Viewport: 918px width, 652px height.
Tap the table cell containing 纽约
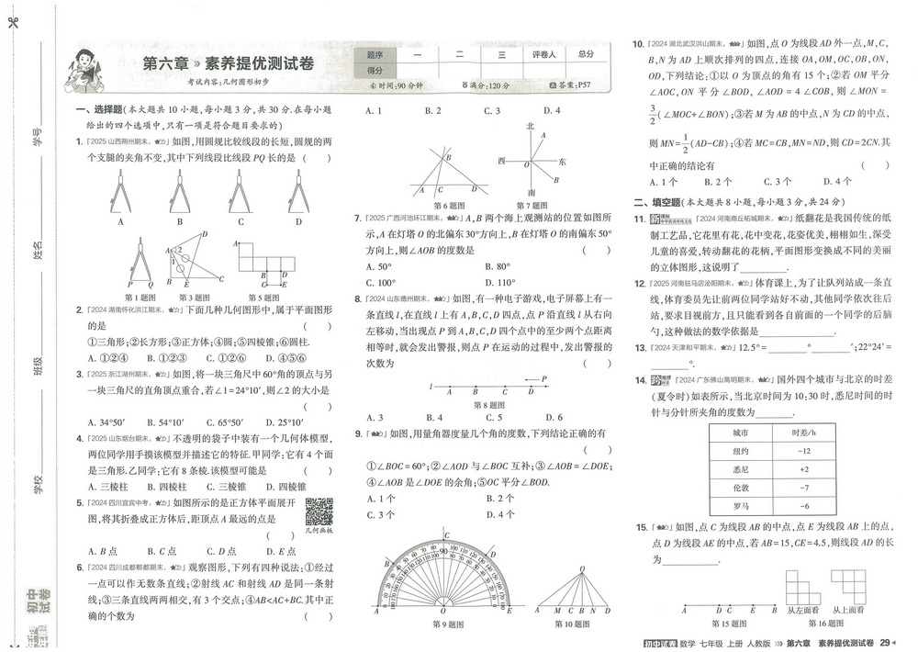click(740, 451)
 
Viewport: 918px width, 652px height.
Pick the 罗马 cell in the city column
click(740, 506)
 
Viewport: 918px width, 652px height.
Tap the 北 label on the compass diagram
click(530, 125)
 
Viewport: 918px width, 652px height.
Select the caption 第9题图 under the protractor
click(447, 624)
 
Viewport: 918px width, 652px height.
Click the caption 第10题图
click(577, 624)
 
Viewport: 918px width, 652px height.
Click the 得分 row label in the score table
click(375, 70)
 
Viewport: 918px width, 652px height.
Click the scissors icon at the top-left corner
click(11, 23)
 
